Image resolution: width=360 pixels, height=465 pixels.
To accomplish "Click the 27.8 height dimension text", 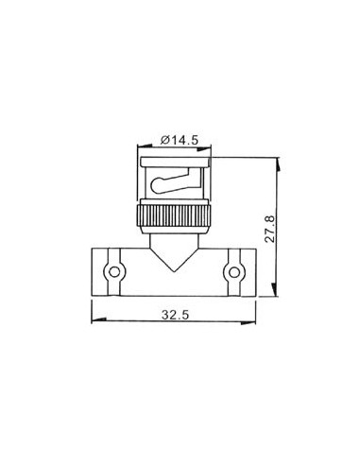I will coord(271,229).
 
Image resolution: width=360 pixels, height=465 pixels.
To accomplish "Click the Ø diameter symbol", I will coord(164,140).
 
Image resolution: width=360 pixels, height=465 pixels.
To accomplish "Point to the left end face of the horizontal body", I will coord(93,274).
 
